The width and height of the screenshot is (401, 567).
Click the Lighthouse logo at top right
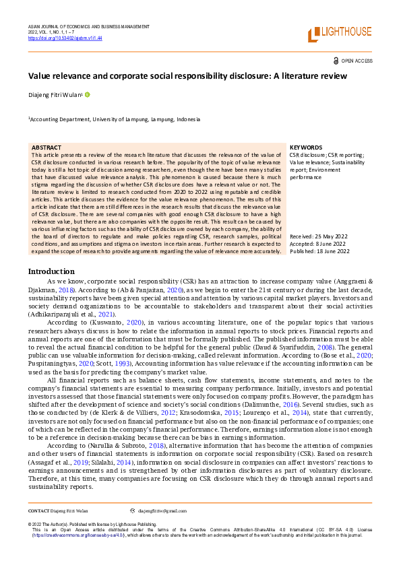tap(340, 33)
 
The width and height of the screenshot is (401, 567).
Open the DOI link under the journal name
tap(65, 38)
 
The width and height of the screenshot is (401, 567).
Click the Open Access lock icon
tap(336, 61)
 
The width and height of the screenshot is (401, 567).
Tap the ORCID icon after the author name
tap(87, 95)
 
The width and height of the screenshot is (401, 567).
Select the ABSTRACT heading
tap(46, 147)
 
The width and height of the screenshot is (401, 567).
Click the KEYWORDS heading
tap(305, 147)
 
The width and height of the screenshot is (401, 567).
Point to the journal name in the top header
tap(88, 26)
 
